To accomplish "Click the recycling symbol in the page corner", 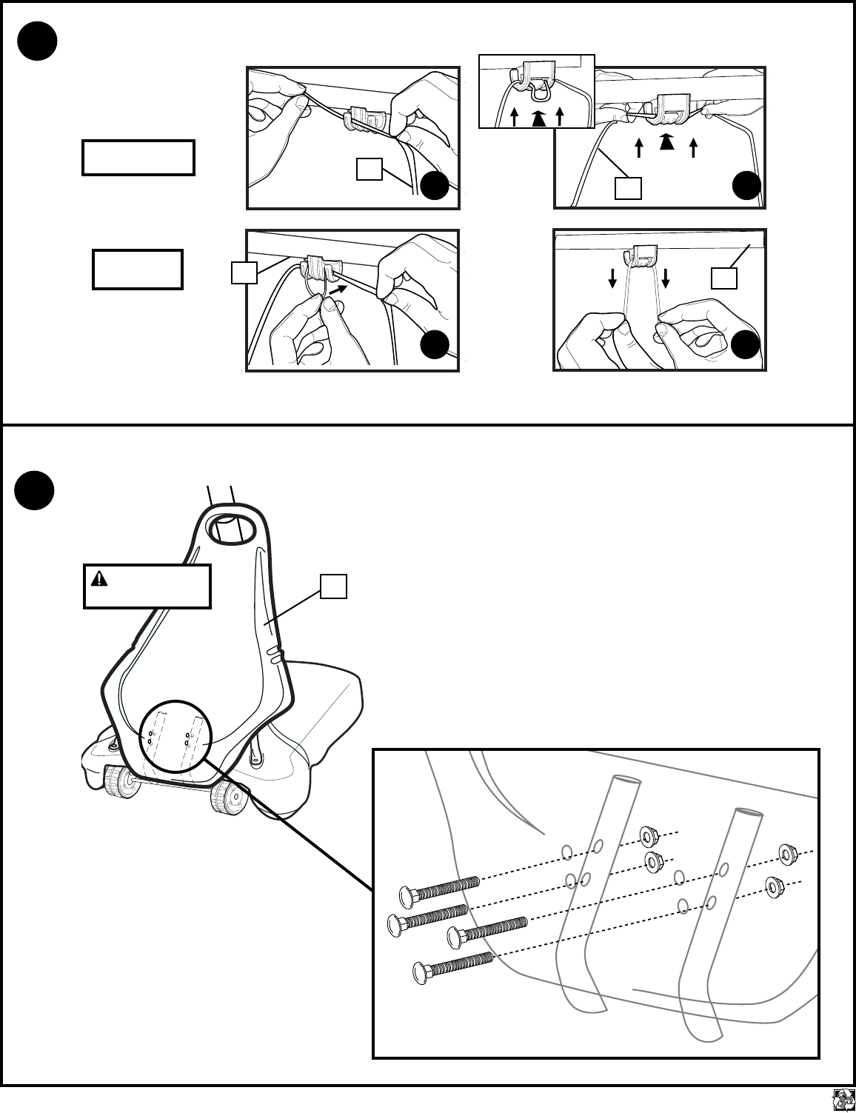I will (x=843, y=1100).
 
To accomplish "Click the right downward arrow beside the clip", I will (x=665, y=278).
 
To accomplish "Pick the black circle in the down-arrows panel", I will (x=746, y=347).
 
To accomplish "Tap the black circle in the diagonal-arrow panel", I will (x=435, y=347).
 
